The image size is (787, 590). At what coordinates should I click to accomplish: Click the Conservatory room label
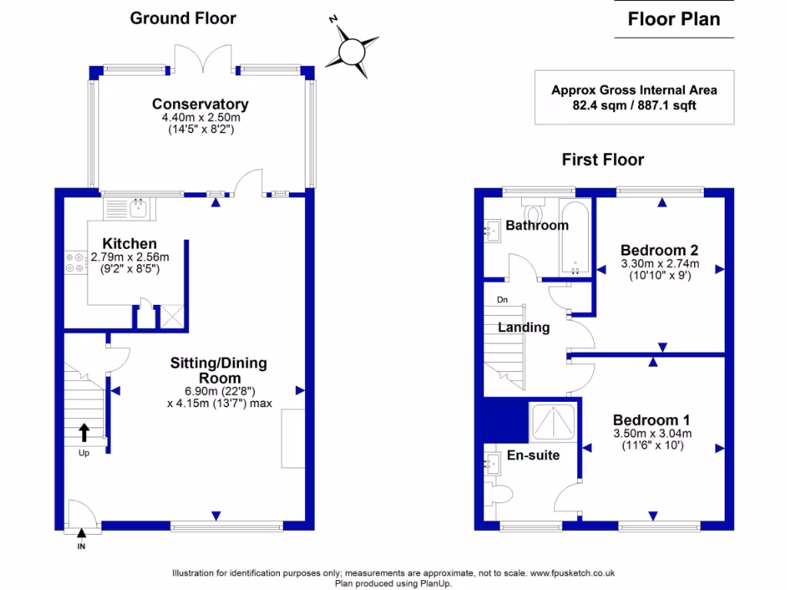[x=201, y=104]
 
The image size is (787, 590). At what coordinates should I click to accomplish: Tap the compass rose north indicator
[x=333, y=19]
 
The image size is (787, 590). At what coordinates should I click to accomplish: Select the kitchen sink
[x=138, y=208]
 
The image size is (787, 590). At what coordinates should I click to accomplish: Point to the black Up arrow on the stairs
[x=84, y=433]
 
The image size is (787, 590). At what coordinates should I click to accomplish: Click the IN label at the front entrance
[x=81, y=546]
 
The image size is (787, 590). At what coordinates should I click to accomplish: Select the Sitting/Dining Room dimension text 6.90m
[x=203, y=391]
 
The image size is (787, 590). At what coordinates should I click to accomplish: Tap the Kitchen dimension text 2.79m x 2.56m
[x=130, y=257]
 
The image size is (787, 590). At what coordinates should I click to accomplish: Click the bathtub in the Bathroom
[x=575, y=237]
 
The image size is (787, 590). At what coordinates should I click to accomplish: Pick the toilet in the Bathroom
[x=533, y=210]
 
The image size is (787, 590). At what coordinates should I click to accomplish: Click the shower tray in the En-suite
[x=553, y=422]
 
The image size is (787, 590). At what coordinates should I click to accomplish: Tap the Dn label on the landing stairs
[x=503, y=300]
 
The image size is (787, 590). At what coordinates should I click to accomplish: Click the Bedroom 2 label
[x=659, y=250]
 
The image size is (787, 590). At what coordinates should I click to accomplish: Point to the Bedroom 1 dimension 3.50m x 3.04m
[x=653, y=433]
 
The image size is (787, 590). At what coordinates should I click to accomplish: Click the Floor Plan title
[x=674, y=19]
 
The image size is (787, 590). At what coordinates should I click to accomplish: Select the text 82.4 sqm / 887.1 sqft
[x=634, y=105]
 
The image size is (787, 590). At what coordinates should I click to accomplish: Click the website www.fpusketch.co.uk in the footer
[x=573, y=573]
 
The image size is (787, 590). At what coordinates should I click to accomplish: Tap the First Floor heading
[x=603, y=160]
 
